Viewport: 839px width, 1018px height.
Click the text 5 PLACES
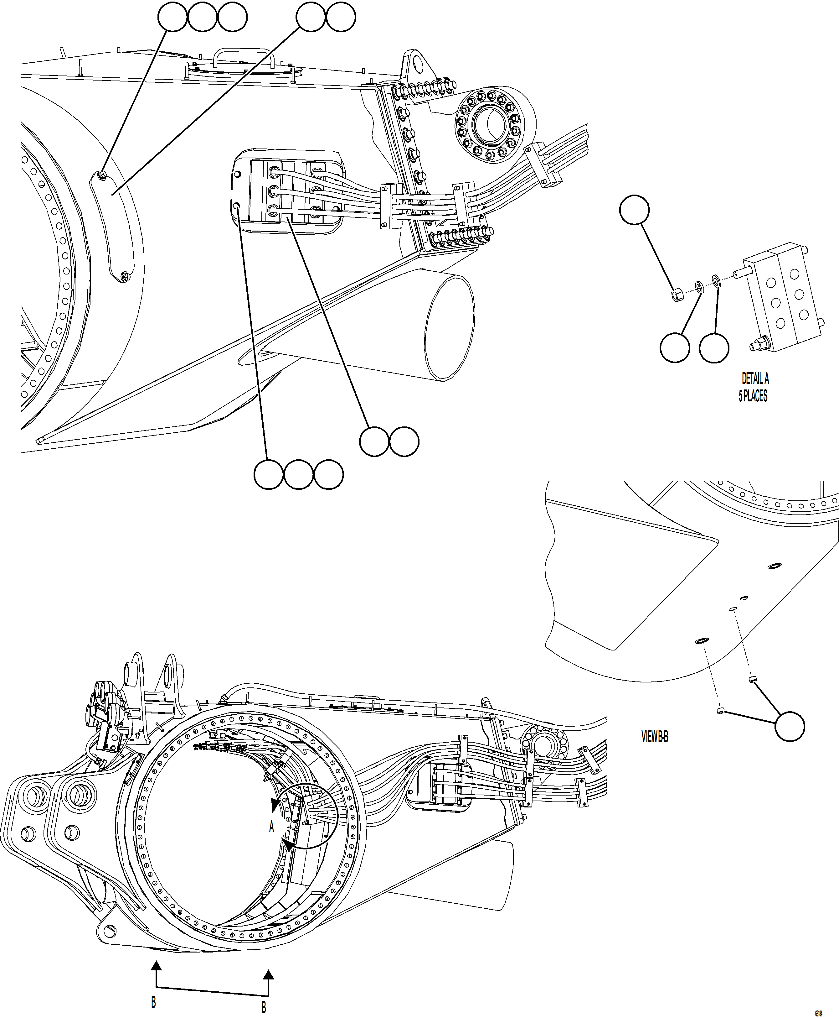(x=753, y=396)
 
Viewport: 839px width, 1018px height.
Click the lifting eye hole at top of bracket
(x=416, y=62)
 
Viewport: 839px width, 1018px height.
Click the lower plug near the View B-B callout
(x=720, y=710)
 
